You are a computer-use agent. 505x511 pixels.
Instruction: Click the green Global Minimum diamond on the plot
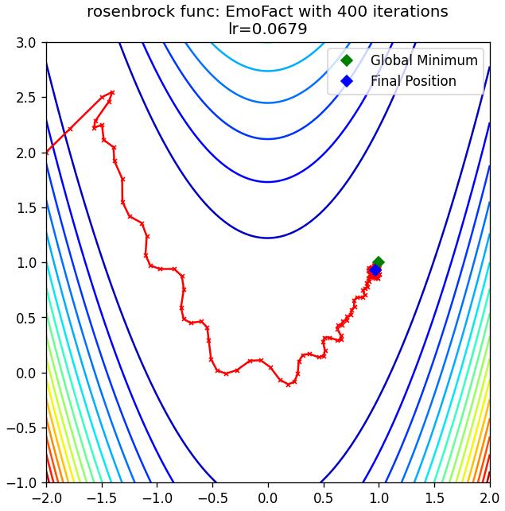coord(379,262)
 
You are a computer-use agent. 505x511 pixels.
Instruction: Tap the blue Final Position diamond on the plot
coord(375,270)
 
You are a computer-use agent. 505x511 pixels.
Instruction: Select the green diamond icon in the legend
coord(347,60)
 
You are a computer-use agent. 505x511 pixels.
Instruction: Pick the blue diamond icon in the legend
coord(347,81)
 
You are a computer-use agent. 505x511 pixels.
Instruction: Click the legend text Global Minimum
coord(424,60)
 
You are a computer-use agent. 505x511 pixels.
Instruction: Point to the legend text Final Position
coord(414,81)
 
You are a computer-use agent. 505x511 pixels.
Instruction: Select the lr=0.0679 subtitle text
coord(267,29)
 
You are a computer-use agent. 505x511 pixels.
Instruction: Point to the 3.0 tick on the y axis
coord(26,43)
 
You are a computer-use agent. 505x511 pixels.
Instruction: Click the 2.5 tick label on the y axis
coord(26,98)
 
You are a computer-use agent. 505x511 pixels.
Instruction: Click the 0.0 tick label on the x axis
coord(268,498)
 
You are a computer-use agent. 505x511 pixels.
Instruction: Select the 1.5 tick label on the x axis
coord(434,498)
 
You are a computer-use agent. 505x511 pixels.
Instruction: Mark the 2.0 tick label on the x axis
coord(489,498)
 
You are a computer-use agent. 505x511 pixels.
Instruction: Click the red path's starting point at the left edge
coord(47,153)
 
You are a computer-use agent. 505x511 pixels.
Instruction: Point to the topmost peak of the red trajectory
coord(112,92)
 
